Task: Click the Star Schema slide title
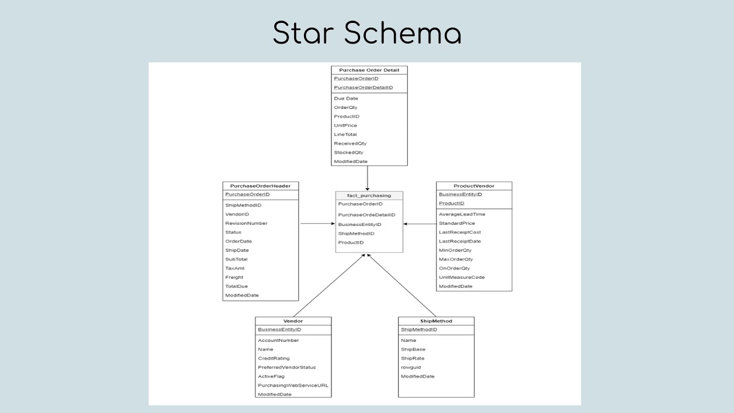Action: [367, 33]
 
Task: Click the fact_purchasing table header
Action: [369, 196]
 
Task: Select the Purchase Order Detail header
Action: [369, 70]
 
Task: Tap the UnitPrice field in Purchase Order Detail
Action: [346, 125]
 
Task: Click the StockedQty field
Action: [349, 153]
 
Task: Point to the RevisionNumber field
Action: [246, 223]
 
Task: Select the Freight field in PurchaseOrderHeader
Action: [234, 277]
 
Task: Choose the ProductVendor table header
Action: [474, 186]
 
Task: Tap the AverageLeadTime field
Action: [462, 214]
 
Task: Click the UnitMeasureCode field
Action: [462, 277]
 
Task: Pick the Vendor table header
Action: [293, 321]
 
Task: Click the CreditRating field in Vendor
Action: [274, 359]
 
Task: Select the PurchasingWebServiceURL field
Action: [293, 385]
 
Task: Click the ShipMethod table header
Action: [436, 321]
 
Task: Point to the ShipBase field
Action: [413, 349]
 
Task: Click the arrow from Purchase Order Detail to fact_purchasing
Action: [368, 178]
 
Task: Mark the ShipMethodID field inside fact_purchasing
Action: [356, 233]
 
